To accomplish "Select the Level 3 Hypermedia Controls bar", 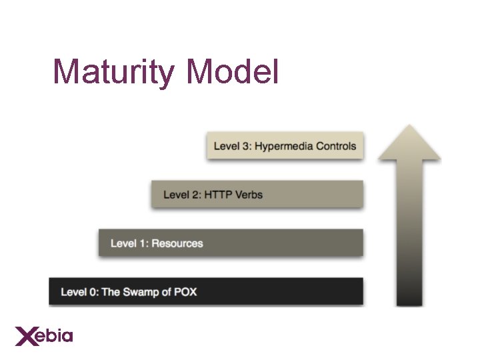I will pos(285,146).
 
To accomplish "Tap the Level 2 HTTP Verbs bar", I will pos(257,194).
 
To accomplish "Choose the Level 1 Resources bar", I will pos(231,243).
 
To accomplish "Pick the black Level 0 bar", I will pos(205,291).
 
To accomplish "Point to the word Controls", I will pos(336,146).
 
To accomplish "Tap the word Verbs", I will pos(249,195).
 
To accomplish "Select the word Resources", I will pos(177,243).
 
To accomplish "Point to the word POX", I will pos(185,292).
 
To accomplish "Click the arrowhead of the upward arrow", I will pos(409,143).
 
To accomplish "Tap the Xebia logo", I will pos(44,335).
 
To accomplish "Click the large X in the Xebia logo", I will pos(26,335).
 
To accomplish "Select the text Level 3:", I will pos(232,146).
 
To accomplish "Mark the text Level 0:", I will pos(79,292).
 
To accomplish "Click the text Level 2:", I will pos(182,195).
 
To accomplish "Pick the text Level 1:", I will pos(129,243).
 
